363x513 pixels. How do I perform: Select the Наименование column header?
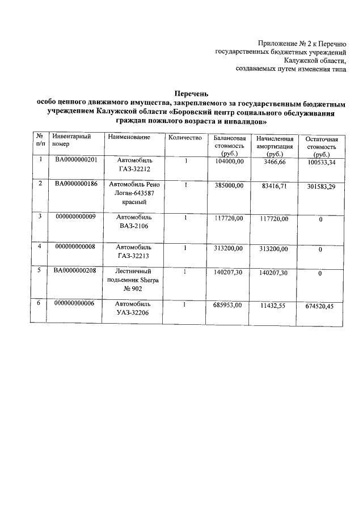coord(128,138)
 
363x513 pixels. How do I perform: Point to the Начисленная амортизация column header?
coord(274,146)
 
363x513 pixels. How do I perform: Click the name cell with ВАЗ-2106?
coord(134,222)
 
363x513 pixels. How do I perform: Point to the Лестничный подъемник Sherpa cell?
coord(134,280)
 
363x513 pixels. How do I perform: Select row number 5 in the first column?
coord(40,271)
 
